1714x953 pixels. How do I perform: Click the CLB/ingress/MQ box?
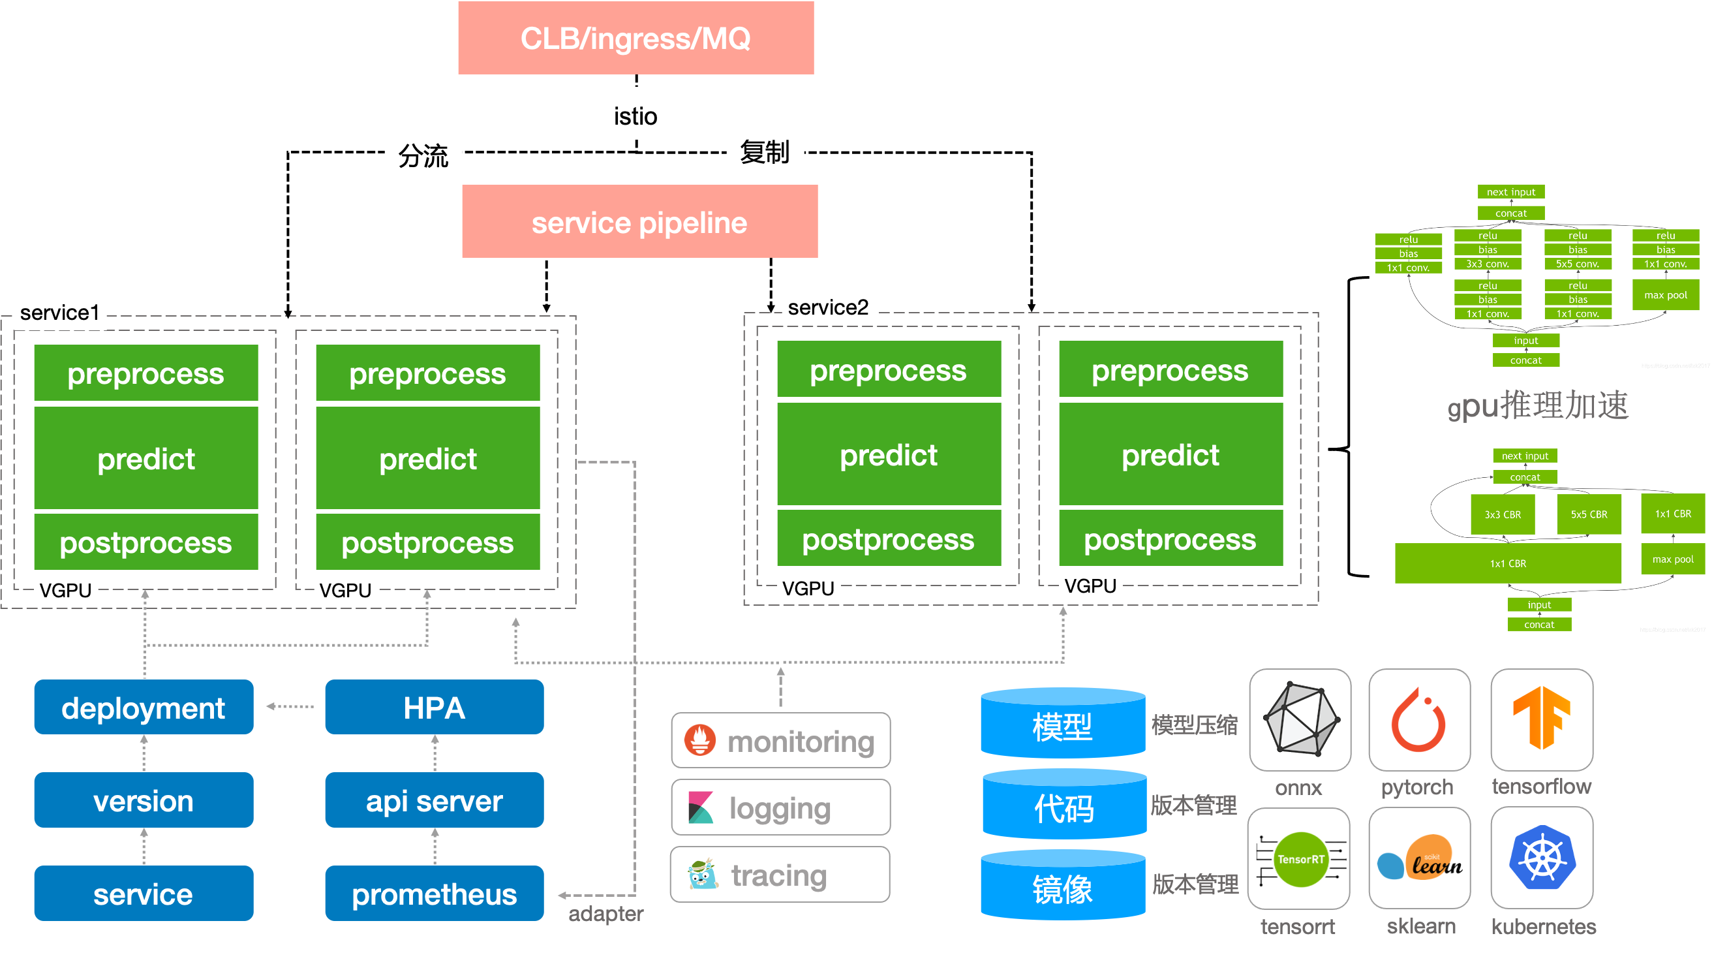(635, 38)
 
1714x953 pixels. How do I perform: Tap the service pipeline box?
(639, 222)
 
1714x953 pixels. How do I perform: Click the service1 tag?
(60, 311)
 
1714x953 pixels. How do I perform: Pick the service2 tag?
(828, 307)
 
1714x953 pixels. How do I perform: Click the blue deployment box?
(144, 708)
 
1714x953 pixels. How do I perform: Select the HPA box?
(434, 708)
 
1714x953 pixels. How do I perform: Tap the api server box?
(434, 801)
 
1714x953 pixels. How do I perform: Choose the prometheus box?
(434, 894)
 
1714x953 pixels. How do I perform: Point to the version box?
(144, 801)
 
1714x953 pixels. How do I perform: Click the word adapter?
(605, 914)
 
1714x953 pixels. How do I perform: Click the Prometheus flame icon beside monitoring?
(700, 740)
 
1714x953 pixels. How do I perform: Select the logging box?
(780, 808)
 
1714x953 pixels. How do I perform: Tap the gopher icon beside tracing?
(703, 875)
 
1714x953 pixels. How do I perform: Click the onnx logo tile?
(1300, 720)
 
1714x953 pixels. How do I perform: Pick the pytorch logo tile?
(1419, 720)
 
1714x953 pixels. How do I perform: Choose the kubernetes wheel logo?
(1542, 858)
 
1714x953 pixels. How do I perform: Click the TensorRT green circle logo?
(1300, 859)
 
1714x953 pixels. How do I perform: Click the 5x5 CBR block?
(1589, 514)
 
